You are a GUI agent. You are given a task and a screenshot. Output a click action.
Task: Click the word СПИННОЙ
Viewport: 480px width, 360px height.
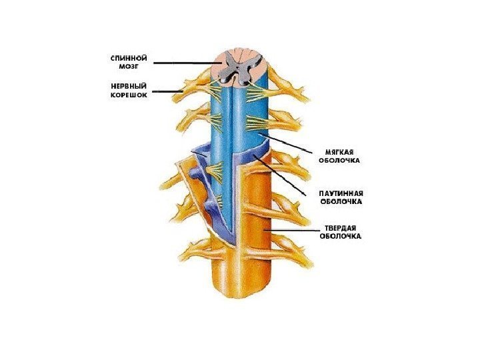[x=129, y=58]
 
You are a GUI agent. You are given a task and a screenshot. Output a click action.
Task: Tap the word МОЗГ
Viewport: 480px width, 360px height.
[x=129, y=67]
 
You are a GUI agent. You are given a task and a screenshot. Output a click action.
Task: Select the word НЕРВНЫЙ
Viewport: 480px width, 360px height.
[x=129, y=85]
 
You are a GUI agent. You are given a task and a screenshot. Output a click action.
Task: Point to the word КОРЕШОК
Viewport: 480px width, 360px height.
[x=129, y=95]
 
